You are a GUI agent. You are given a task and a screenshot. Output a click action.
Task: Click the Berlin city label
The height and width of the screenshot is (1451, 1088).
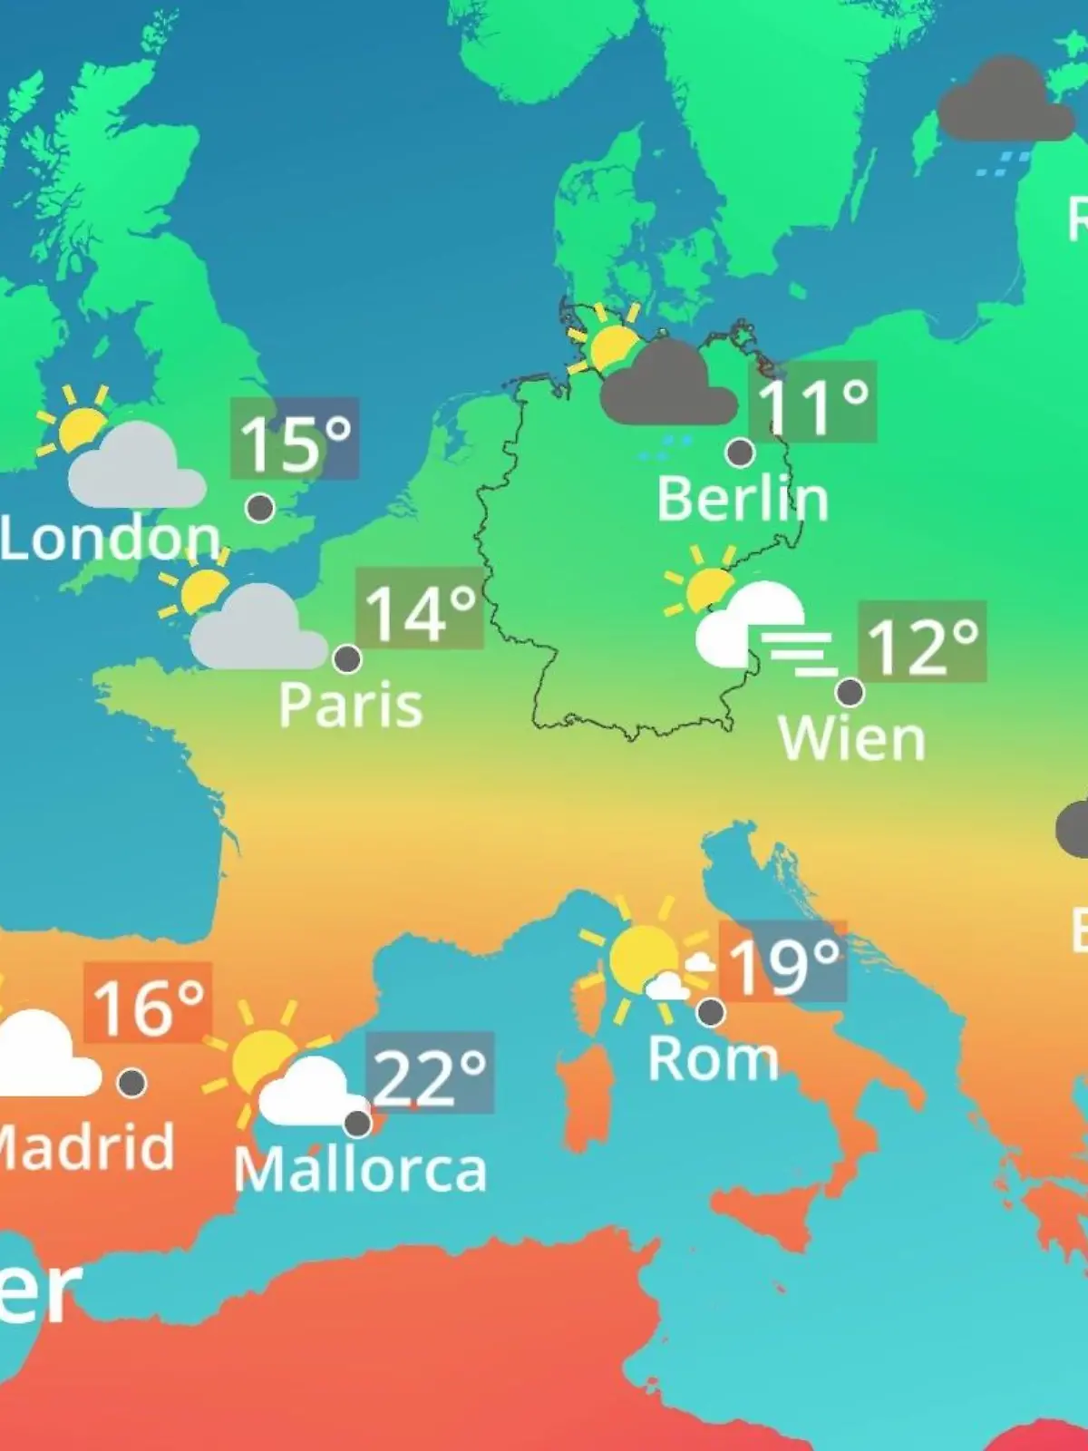tap(743, 499)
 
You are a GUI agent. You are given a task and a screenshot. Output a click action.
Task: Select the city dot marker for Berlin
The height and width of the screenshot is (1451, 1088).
tap(740, 452)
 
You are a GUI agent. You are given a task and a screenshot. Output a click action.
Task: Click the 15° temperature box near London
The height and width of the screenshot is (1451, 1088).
tap(295, 440)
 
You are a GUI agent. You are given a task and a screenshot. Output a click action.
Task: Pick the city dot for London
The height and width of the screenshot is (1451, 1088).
tap(260, 508)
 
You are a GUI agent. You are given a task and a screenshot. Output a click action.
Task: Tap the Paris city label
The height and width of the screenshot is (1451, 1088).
tap(351, 705)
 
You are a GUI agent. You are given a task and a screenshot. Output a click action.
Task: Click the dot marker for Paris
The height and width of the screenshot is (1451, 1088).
tap(347, 658)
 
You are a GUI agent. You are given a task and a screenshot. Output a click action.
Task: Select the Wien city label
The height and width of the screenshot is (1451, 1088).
tap(852, 739)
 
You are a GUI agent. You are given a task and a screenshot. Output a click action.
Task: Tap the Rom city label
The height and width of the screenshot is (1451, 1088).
tap(714, 1058)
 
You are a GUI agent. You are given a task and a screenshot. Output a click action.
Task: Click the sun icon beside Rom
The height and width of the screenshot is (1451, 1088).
tap(642, 957)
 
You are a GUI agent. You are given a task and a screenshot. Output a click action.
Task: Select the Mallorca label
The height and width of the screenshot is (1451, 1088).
tap(361, 1170)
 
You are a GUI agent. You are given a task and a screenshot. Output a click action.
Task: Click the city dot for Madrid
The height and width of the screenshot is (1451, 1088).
tap(132, 1082)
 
